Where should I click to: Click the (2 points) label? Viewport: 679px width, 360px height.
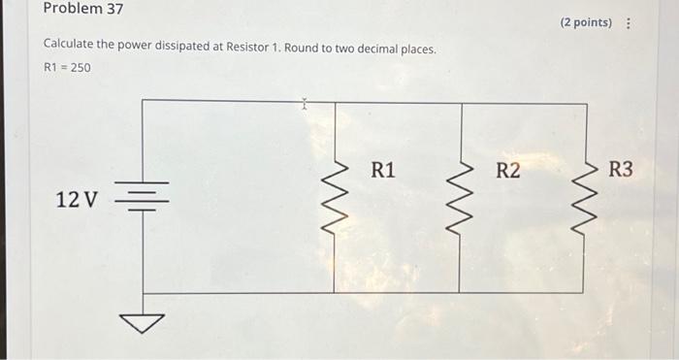pos(585,22)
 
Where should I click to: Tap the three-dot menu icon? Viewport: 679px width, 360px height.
pos(630,22)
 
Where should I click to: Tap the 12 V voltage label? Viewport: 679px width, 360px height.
pos(77,201)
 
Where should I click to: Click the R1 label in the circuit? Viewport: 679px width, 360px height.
pos(383,172)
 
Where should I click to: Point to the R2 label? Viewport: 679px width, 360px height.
pos(507,172)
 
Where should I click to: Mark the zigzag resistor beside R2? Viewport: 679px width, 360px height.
pos(459,199)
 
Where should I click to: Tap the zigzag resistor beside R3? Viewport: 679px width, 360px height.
pos(585,199)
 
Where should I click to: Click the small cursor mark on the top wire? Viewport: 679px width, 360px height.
pos(304,101)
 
